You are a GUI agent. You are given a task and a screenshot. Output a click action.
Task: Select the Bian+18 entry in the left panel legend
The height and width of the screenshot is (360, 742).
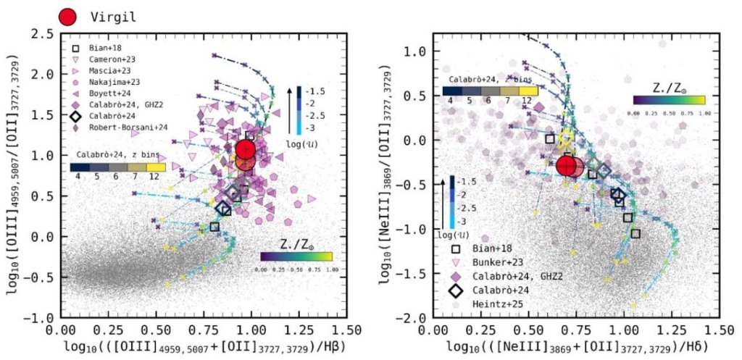106,46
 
